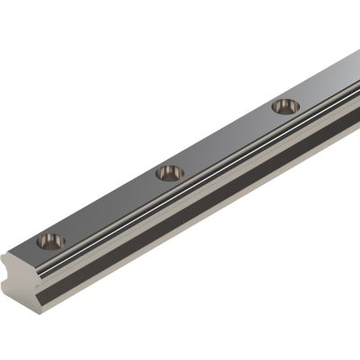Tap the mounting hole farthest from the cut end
(286, 106)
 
